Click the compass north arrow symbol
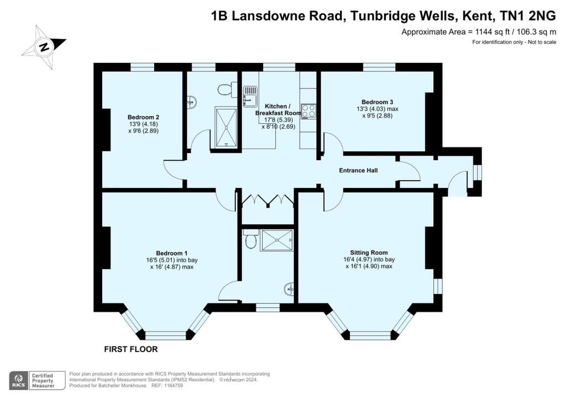[44, 47]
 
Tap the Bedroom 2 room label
[143, 117]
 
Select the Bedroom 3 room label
[377, 102]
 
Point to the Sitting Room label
[369, 253]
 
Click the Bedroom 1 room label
[172, 253]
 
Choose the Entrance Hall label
[358, 170]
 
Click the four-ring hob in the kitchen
[308, 112]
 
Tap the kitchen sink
[250, 96]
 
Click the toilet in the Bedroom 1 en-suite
[250, 240]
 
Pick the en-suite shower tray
[277, 240]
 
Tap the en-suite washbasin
[289, 288]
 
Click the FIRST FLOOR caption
[131, 349]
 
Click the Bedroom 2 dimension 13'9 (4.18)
[143, 124]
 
